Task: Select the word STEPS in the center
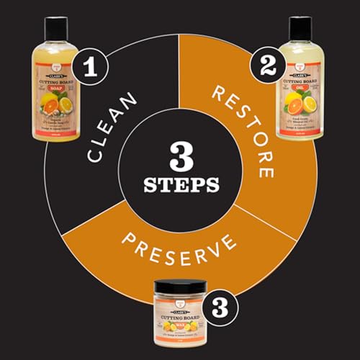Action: pos(179,185)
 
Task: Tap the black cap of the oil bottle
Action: pos(300,29)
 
